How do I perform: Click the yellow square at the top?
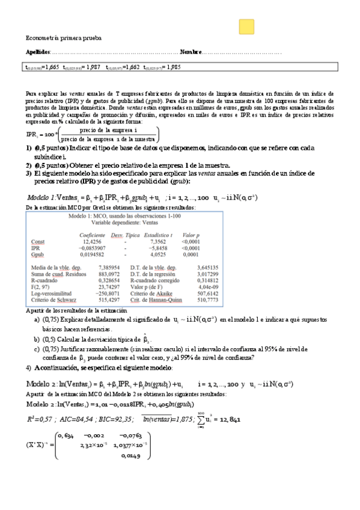[246, 27]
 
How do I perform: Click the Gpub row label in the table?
[37, 254]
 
